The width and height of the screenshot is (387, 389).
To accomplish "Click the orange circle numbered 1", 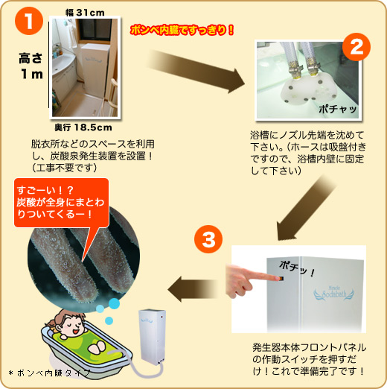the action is [29, 21].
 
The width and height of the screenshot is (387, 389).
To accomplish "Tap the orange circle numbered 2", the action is [356, 47].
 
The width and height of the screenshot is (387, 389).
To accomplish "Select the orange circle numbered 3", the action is [208, 239].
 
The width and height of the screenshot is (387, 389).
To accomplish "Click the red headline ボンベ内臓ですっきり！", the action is [182, 31].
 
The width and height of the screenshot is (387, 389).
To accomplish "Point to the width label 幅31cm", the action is [85, 13].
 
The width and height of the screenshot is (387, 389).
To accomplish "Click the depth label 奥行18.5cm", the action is [83, 127].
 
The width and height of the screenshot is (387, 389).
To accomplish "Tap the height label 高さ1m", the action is [31, 66].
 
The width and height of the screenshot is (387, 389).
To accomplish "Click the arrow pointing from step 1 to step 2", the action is [196, 71].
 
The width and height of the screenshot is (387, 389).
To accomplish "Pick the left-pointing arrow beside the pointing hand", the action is [193, 289].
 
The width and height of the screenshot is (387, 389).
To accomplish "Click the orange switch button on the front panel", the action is [281, 279].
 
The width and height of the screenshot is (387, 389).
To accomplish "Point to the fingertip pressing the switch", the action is [275, 278].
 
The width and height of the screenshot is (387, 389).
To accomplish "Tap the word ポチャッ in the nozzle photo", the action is [338, 109].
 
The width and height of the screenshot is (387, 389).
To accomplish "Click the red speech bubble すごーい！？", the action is [62, 203].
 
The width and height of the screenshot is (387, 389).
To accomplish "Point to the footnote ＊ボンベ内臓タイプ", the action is [49, 373].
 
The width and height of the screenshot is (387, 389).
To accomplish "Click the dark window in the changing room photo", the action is [95, 30].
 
